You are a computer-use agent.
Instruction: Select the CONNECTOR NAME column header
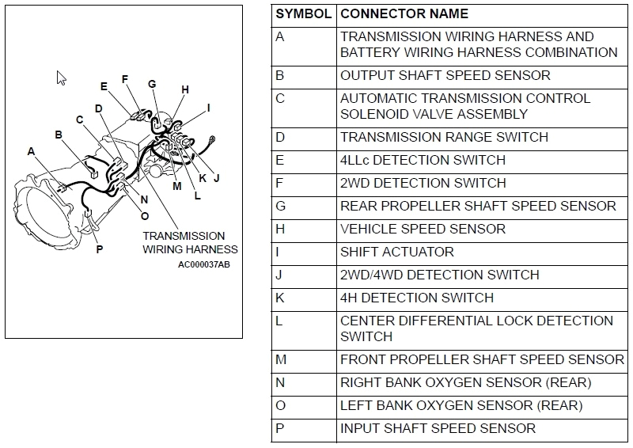[x=404, y=14]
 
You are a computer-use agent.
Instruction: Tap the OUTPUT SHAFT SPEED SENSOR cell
[x=445, y=76]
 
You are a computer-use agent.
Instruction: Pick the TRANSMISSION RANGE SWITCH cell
[x=444, y=138]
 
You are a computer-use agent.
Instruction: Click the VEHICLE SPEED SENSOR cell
[x=423, y=230]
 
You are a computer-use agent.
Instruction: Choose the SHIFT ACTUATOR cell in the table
[x=396, y=252]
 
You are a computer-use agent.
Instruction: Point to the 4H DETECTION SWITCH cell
[x=416, y=298]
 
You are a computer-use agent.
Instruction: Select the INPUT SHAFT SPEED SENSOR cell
[x=438, y=429]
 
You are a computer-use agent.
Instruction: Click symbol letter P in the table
[x=280, y=429]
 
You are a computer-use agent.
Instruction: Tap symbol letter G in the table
[x=281, y=207]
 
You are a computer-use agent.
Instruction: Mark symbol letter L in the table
[x=279, y=321]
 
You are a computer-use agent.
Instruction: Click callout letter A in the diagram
[x=31, y=151]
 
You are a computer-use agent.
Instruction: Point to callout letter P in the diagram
[x=100, y=249]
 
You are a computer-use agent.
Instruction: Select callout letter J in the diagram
[x=216, y=177]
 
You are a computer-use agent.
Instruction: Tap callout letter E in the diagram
[x=104, y=86]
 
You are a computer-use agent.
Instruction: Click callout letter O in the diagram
[x=144, y=216]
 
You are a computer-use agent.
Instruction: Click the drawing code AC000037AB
[x=204, y=265]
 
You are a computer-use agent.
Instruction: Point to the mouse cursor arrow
[x=61, y=78]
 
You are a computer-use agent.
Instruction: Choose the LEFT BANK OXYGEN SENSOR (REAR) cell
[x=461, y=406]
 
